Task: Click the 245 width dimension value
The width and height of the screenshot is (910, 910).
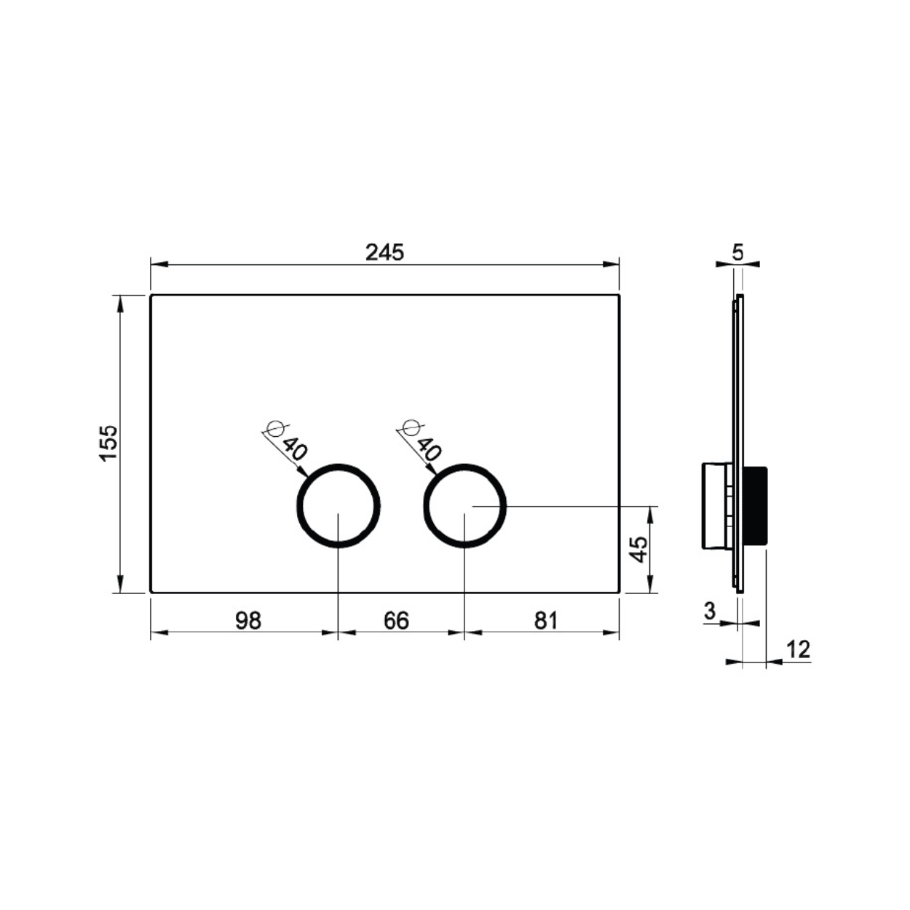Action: (385, 253)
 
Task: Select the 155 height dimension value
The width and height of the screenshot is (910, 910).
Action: (108, 443)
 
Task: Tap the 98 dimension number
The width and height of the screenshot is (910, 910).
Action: (248, 620)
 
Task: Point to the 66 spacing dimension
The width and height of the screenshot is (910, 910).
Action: (396, 620)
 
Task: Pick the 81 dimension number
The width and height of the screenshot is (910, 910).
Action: (546, 620)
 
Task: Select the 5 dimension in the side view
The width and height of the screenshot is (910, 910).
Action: (737, 253)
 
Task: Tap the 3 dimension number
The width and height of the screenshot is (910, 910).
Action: (710, 612)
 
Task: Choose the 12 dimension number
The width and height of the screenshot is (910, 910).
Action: (798, 650)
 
